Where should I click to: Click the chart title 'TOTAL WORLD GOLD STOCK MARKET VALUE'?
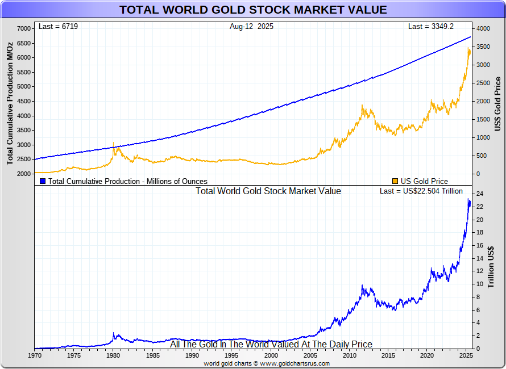click(253, 10)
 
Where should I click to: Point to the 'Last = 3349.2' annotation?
click(431, 27)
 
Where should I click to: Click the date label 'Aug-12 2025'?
click(251, 27)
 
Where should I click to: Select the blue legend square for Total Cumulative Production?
click(43, 181)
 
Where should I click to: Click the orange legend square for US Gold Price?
click(395, 181)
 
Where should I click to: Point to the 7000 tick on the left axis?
click(24, 28)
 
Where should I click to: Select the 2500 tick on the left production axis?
click(24, 160)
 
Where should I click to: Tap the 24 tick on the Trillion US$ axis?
click(480, 194)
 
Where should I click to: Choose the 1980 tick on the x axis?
click(113, 355)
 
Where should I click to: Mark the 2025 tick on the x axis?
click(466, 355)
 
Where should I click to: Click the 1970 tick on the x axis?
click(35, 355)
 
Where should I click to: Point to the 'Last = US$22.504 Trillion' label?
click(421, 191)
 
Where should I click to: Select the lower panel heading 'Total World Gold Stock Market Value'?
click(268, 191)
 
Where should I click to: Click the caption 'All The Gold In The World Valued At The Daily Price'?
click(271, 345)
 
